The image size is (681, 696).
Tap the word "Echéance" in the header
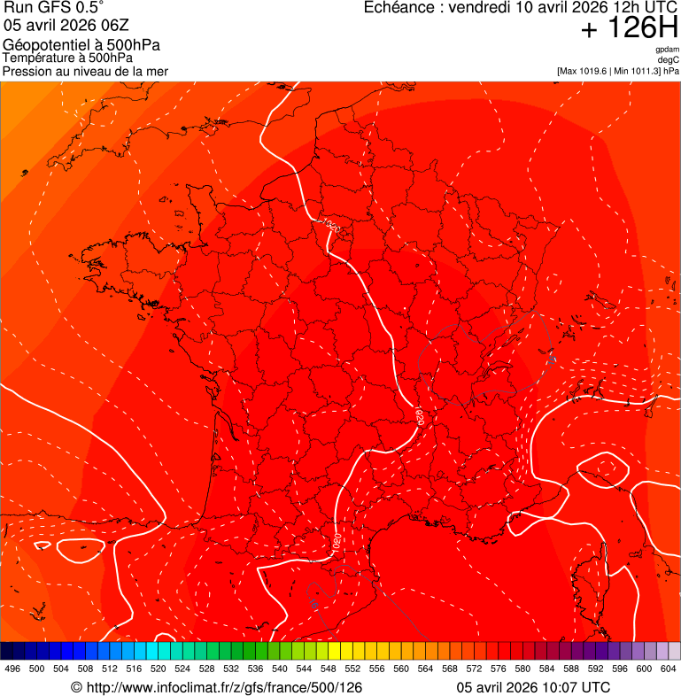[x=401, y=8]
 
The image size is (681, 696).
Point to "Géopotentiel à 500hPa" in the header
[x=81, y=45]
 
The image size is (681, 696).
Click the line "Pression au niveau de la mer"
[x=85, y=71]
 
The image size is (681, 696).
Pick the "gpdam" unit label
[x=667, y=50]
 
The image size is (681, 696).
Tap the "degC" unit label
[x=669, y=59]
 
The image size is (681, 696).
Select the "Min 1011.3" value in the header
[x=637, y=71]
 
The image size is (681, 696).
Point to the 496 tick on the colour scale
[x=12, y=669]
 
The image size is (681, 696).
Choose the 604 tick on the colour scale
[x=668, y=669]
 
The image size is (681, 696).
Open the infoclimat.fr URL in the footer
[x=215, y=687]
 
